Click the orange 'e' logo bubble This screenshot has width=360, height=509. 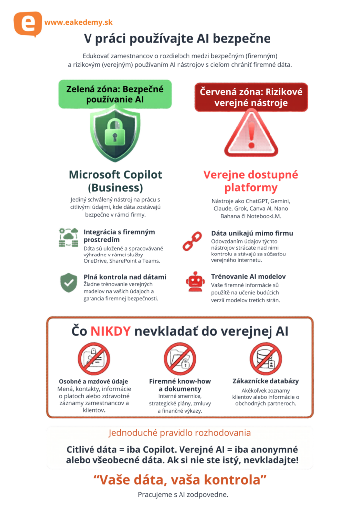pyautogui.click(x=28, y=24)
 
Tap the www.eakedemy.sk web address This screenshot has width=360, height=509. pyautogui.click(x=79, y=22)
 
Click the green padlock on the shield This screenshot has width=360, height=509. pyautogui.click(x=115, y=132)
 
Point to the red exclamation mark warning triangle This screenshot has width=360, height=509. pyautogui.click(x=251, y=134)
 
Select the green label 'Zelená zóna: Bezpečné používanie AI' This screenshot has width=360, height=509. pyautogui.click(x=115, y=94)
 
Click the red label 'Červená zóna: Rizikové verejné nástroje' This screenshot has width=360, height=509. pyautogui.click(x=251, y=97)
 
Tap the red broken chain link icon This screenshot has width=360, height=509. pyautogui.click(x=192, y=241)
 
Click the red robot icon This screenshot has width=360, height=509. pyautogui.click(x=195, y=282)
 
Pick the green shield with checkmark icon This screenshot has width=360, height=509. pyautogui.click(x=69, y=282)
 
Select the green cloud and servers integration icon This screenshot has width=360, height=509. pyautogui.click(x=69, y=237)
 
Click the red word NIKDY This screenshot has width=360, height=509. pyautogui.click(x=111, y=331)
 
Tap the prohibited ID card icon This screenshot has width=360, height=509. pyautogui.click(x=94, y=359)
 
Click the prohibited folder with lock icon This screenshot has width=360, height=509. pyautogui.click(x=180, y=359)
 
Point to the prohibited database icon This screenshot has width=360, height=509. pyautogui.click(x=266, y=359)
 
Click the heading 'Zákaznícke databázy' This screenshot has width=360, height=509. pyautogui.click(x=266, y=381)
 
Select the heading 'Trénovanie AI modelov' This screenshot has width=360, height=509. pyautogui.click(x=249, y=276)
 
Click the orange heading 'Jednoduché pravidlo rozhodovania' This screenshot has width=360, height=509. pyautogui.click(x=180, y=433)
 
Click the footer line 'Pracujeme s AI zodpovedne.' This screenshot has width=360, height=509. pyautogui.click(x=183, y=495)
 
